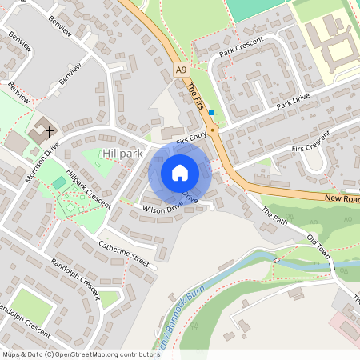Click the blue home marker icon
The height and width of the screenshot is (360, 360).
[x=180, y=173]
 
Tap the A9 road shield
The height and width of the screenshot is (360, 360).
[x=182, y=71]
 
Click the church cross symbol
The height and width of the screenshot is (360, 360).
[x=49, y=130]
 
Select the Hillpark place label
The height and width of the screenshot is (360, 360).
[x=122, y=152]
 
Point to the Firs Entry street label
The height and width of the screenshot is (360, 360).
[x=191, y=138]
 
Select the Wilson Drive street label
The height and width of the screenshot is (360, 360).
[x=162, y=208]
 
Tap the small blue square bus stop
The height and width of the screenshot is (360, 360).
[x=211, y=113]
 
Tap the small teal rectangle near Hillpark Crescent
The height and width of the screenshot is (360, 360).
[x=60, y=183]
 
